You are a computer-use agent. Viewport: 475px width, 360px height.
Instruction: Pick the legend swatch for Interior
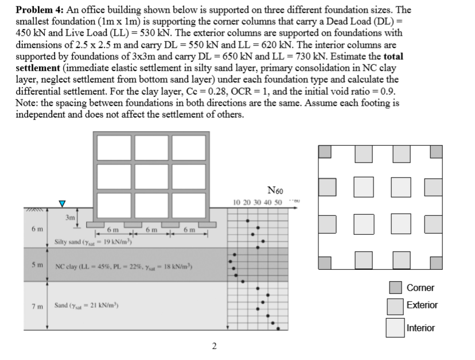394,327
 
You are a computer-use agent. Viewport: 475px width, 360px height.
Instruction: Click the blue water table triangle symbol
64,203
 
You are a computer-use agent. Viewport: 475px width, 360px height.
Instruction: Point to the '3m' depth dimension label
71,218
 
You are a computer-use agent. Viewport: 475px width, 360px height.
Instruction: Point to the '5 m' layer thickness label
34,266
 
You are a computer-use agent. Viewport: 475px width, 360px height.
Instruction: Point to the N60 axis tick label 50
278,203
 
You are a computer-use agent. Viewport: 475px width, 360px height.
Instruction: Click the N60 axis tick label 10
238,203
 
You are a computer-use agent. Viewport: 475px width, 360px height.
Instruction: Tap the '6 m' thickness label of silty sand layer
34,227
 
